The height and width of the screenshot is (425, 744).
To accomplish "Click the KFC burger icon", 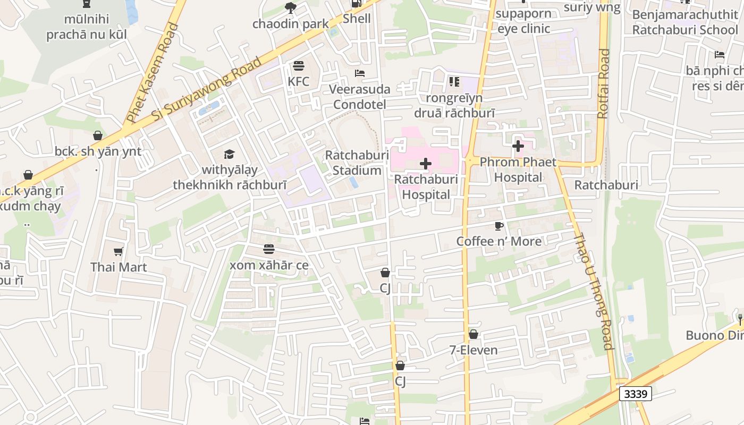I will [298, 66].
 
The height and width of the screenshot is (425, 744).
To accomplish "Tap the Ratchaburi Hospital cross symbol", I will [426, 164].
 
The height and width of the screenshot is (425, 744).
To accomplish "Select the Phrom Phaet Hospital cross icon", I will [518, 146].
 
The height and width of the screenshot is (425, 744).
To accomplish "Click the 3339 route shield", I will [636, 394].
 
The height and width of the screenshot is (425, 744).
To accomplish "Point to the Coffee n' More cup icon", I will [498, 226].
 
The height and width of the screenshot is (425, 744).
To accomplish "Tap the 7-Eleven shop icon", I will [473, 334].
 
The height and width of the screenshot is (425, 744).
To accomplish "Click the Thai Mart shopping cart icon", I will [118, 251].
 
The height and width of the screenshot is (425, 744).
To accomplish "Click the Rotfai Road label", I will [603, 83].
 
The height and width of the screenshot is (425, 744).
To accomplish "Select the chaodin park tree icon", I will [290, 8].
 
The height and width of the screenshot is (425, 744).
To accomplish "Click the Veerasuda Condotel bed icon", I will [360, 73].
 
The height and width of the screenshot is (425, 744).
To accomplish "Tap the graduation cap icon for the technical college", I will [229, 154].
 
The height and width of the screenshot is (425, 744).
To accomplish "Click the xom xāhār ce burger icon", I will [269, 249].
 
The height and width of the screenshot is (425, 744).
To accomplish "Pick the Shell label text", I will [357, 19].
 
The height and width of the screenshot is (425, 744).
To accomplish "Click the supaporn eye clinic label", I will [523, 21].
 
